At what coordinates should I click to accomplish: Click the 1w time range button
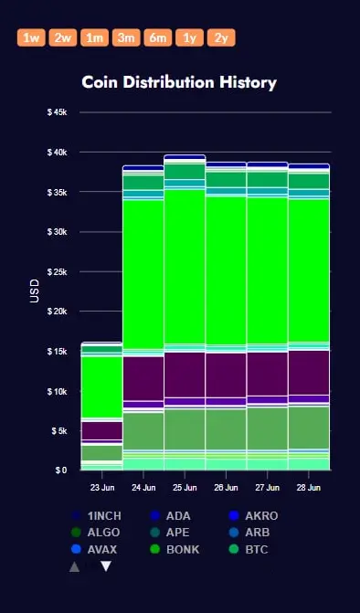31,37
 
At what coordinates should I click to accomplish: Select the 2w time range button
62,37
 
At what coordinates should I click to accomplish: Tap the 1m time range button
94,37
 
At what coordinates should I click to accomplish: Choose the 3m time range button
126,37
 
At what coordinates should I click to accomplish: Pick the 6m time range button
158,37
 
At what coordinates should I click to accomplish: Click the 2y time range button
221,37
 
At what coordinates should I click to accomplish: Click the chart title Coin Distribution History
179,82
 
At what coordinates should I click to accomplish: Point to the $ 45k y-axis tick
57,112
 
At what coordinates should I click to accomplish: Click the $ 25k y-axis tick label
57,271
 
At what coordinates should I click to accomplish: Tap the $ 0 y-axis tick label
61,470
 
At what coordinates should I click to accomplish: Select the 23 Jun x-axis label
102,488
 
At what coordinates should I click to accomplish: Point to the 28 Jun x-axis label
309,488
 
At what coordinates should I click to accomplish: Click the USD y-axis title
35,291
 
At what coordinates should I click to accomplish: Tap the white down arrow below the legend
106,566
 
